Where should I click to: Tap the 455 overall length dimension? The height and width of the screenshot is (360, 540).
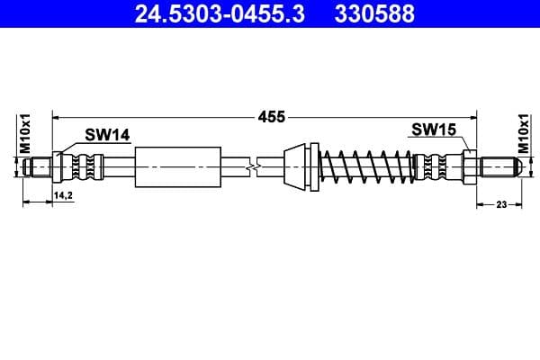point(272,116)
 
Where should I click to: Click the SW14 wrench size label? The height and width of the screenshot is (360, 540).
point(107,134)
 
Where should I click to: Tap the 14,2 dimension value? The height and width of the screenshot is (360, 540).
point(63,194)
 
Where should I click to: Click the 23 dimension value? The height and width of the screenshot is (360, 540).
point(502,204)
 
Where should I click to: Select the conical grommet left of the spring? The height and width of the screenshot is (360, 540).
point(298,166)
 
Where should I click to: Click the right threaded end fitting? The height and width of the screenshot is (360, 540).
point(498,166)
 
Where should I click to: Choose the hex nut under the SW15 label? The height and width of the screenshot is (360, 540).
point(471,166)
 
